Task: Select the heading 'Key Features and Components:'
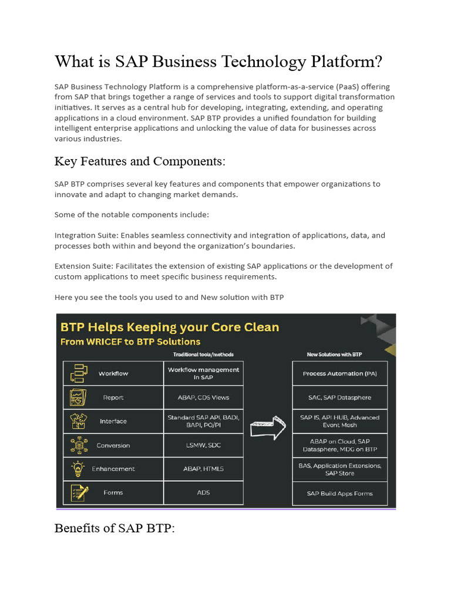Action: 140,161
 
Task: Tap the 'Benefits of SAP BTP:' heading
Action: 115,528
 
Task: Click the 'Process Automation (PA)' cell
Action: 340,373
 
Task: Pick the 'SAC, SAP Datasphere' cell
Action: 340,397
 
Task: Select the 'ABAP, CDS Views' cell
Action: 203,397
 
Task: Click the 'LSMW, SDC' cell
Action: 203,445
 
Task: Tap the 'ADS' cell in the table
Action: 203,492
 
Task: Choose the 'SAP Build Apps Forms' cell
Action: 340,493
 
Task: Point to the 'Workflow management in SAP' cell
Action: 203,373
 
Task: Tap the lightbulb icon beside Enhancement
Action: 78,469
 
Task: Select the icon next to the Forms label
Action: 79,492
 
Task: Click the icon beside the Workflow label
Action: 78,373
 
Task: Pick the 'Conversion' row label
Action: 113,445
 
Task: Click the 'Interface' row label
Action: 113,421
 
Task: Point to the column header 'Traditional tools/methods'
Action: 203,354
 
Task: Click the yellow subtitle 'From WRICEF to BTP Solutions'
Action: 131,342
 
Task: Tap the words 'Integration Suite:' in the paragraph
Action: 83,235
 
